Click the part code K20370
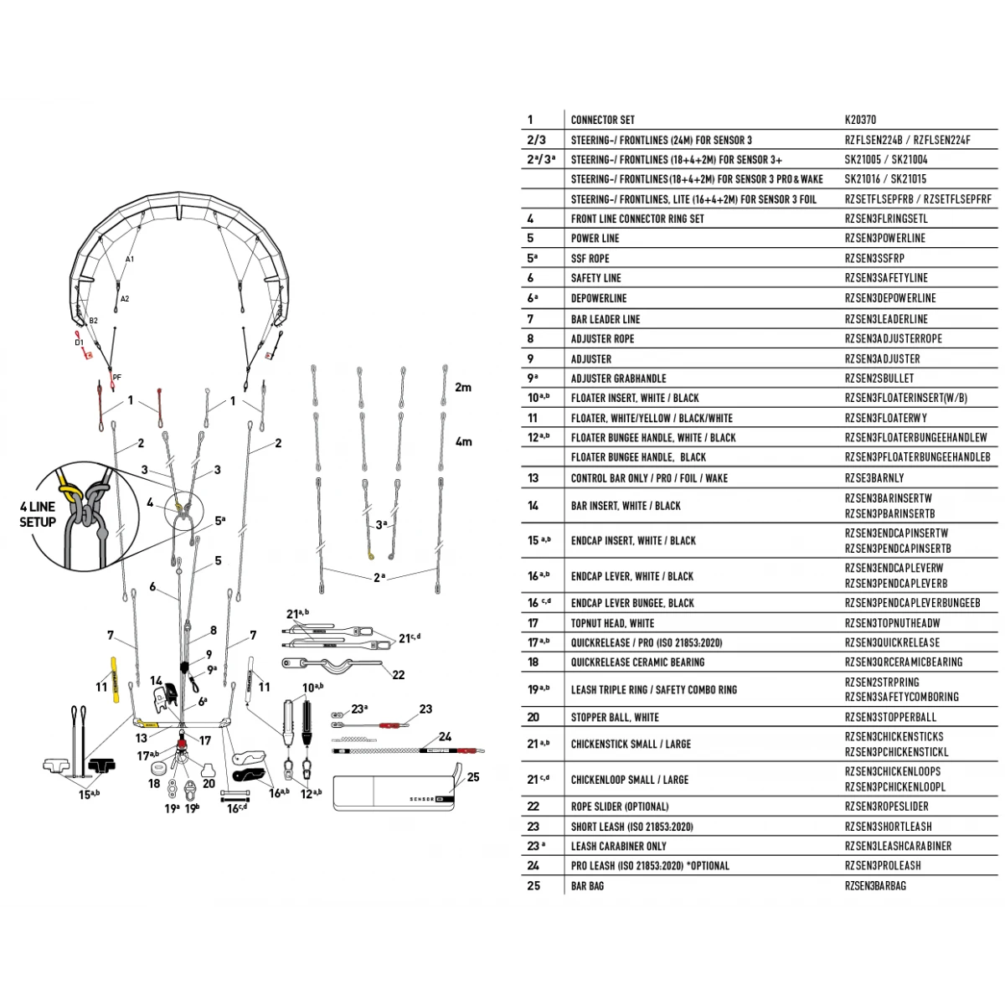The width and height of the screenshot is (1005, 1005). (x=860, y=120)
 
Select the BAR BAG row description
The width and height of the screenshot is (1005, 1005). (x=590, y=885)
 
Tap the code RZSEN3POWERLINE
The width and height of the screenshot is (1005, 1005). (x=884, y=238)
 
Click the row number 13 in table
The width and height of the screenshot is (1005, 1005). (x=533, y=478)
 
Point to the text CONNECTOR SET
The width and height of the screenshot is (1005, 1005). (x=602, y=120)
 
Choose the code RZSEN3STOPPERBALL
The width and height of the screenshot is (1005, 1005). (x=890, y=717)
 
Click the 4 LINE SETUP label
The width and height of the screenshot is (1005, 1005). (x=38, y=514)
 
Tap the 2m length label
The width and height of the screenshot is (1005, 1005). (x=463, y=388)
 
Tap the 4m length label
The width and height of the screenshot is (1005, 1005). (x=463, y=441)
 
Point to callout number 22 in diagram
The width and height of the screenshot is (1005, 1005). (x=398, y=675)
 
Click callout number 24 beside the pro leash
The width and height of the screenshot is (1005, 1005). (x=445, y=737)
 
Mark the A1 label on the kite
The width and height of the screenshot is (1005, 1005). (x=130, y=260)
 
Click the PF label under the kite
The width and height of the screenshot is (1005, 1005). (x=117, y=378)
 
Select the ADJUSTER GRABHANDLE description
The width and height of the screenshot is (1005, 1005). (x=618, y=379)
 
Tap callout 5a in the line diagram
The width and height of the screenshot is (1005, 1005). (x=219, y=520)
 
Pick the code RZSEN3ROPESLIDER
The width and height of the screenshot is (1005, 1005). (x=886, y=807)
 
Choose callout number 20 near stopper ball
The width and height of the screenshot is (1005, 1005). (x=209, y=784)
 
